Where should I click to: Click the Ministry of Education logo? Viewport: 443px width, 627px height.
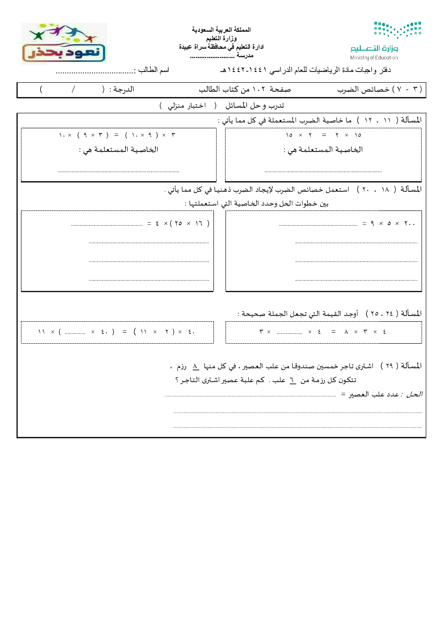point(385,40)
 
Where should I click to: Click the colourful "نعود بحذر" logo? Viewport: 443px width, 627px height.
point(64,44)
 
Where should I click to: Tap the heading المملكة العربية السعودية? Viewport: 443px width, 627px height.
point(221,29)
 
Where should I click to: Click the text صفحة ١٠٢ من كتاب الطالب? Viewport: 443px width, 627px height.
point(245,89)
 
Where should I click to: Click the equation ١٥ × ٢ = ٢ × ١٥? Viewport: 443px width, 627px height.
point(324,135)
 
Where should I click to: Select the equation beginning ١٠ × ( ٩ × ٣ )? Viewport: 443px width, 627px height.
point(117,135)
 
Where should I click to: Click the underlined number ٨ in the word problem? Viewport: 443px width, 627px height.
point(196,366)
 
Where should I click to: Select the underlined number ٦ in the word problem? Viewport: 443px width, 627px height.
point(293,380)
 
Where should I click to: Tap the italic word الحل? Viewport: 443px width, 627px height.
point(414,394)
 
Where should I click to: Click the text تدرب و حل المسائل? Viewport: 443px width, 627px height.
point(255,105)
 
